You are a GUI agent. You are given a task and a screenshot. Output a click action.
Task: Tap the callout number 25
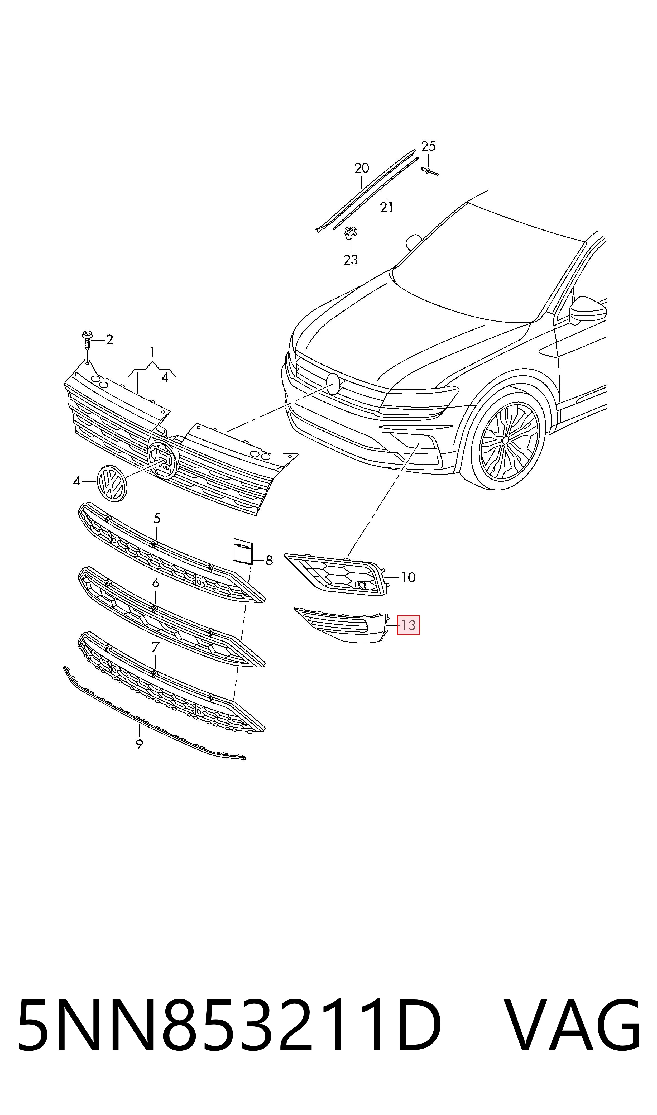(428, 146)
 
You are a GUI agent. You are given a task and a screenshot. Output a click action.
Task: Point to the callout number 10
(408, 577)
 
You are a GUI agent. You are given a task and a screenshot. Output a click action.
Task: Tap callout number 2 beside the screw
(109, 339)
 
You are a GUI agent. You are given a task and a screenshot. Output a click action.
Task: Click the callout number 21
(386, 207)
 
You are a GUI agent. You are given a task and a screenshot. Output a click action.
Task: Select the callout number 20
(362, 168)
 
